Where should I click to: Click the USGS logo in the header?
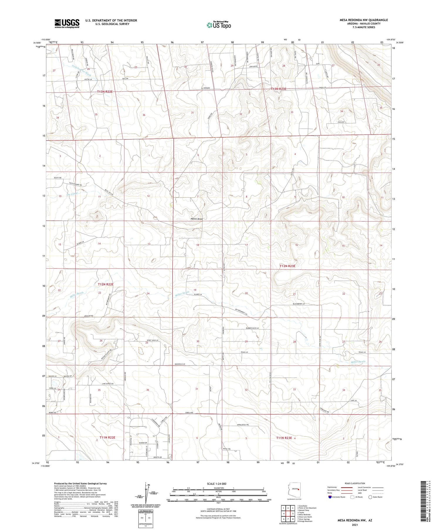pos(67,23)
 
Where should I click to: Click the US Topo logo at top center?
pos(219,25)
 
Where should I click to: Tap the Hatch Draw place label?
pos(197,219)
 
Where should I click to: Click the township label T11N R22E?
pos(107,437)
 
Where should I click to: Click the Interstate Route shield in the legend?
pos(330,497)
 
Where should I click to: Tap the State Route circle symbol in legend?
pos(370,497)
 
